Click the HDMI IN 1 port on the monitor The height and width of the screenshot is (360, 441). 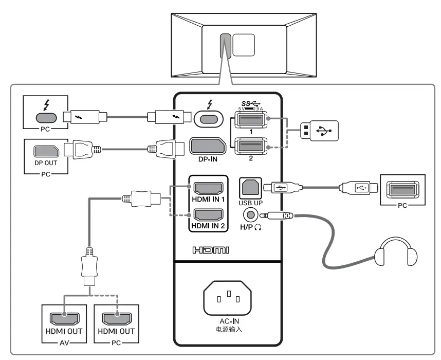coord(208,188)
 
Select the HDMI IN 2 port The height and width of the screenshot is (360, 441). coord(208,215)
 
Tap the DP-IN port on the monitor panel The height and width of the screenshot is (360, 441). coord(208,146)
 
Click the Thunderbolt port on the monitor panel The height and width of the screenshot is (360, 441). coord(208,119)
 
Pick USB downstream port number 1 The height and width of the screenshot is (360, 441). coord(251,119)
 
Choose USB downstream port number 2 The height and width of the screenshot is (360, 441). coord(251,146)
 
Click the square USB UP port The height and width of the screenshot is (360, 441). coord(250,188)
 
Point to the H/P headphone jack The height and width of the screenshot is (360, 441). coord(250,215)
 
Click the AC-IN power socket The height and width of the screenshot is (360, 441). coord(228,298)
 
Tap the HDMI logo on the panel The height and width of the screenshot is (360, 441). coord(211,250)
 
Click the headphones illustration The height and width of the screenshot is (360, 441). coord(396,251)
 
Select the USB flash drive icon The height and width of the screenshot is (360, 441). coord(319,131)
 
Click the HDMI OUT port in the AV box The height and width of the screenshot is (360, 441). coord(64,319)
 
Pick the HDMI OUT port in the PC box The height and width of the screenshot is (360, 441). coord(117,319)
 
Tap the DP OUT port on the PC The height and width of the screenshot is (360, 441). coord(46,151)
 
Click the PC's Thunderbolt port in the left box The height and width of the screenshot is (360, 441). coord(46,118)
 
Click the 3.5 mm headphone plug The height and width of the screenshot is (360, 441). coord(276,215)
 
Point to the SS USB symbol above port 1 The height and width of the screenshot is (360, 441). coord(251,103)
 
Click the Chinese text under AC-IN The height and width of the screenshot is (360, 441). coord(229,329)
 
